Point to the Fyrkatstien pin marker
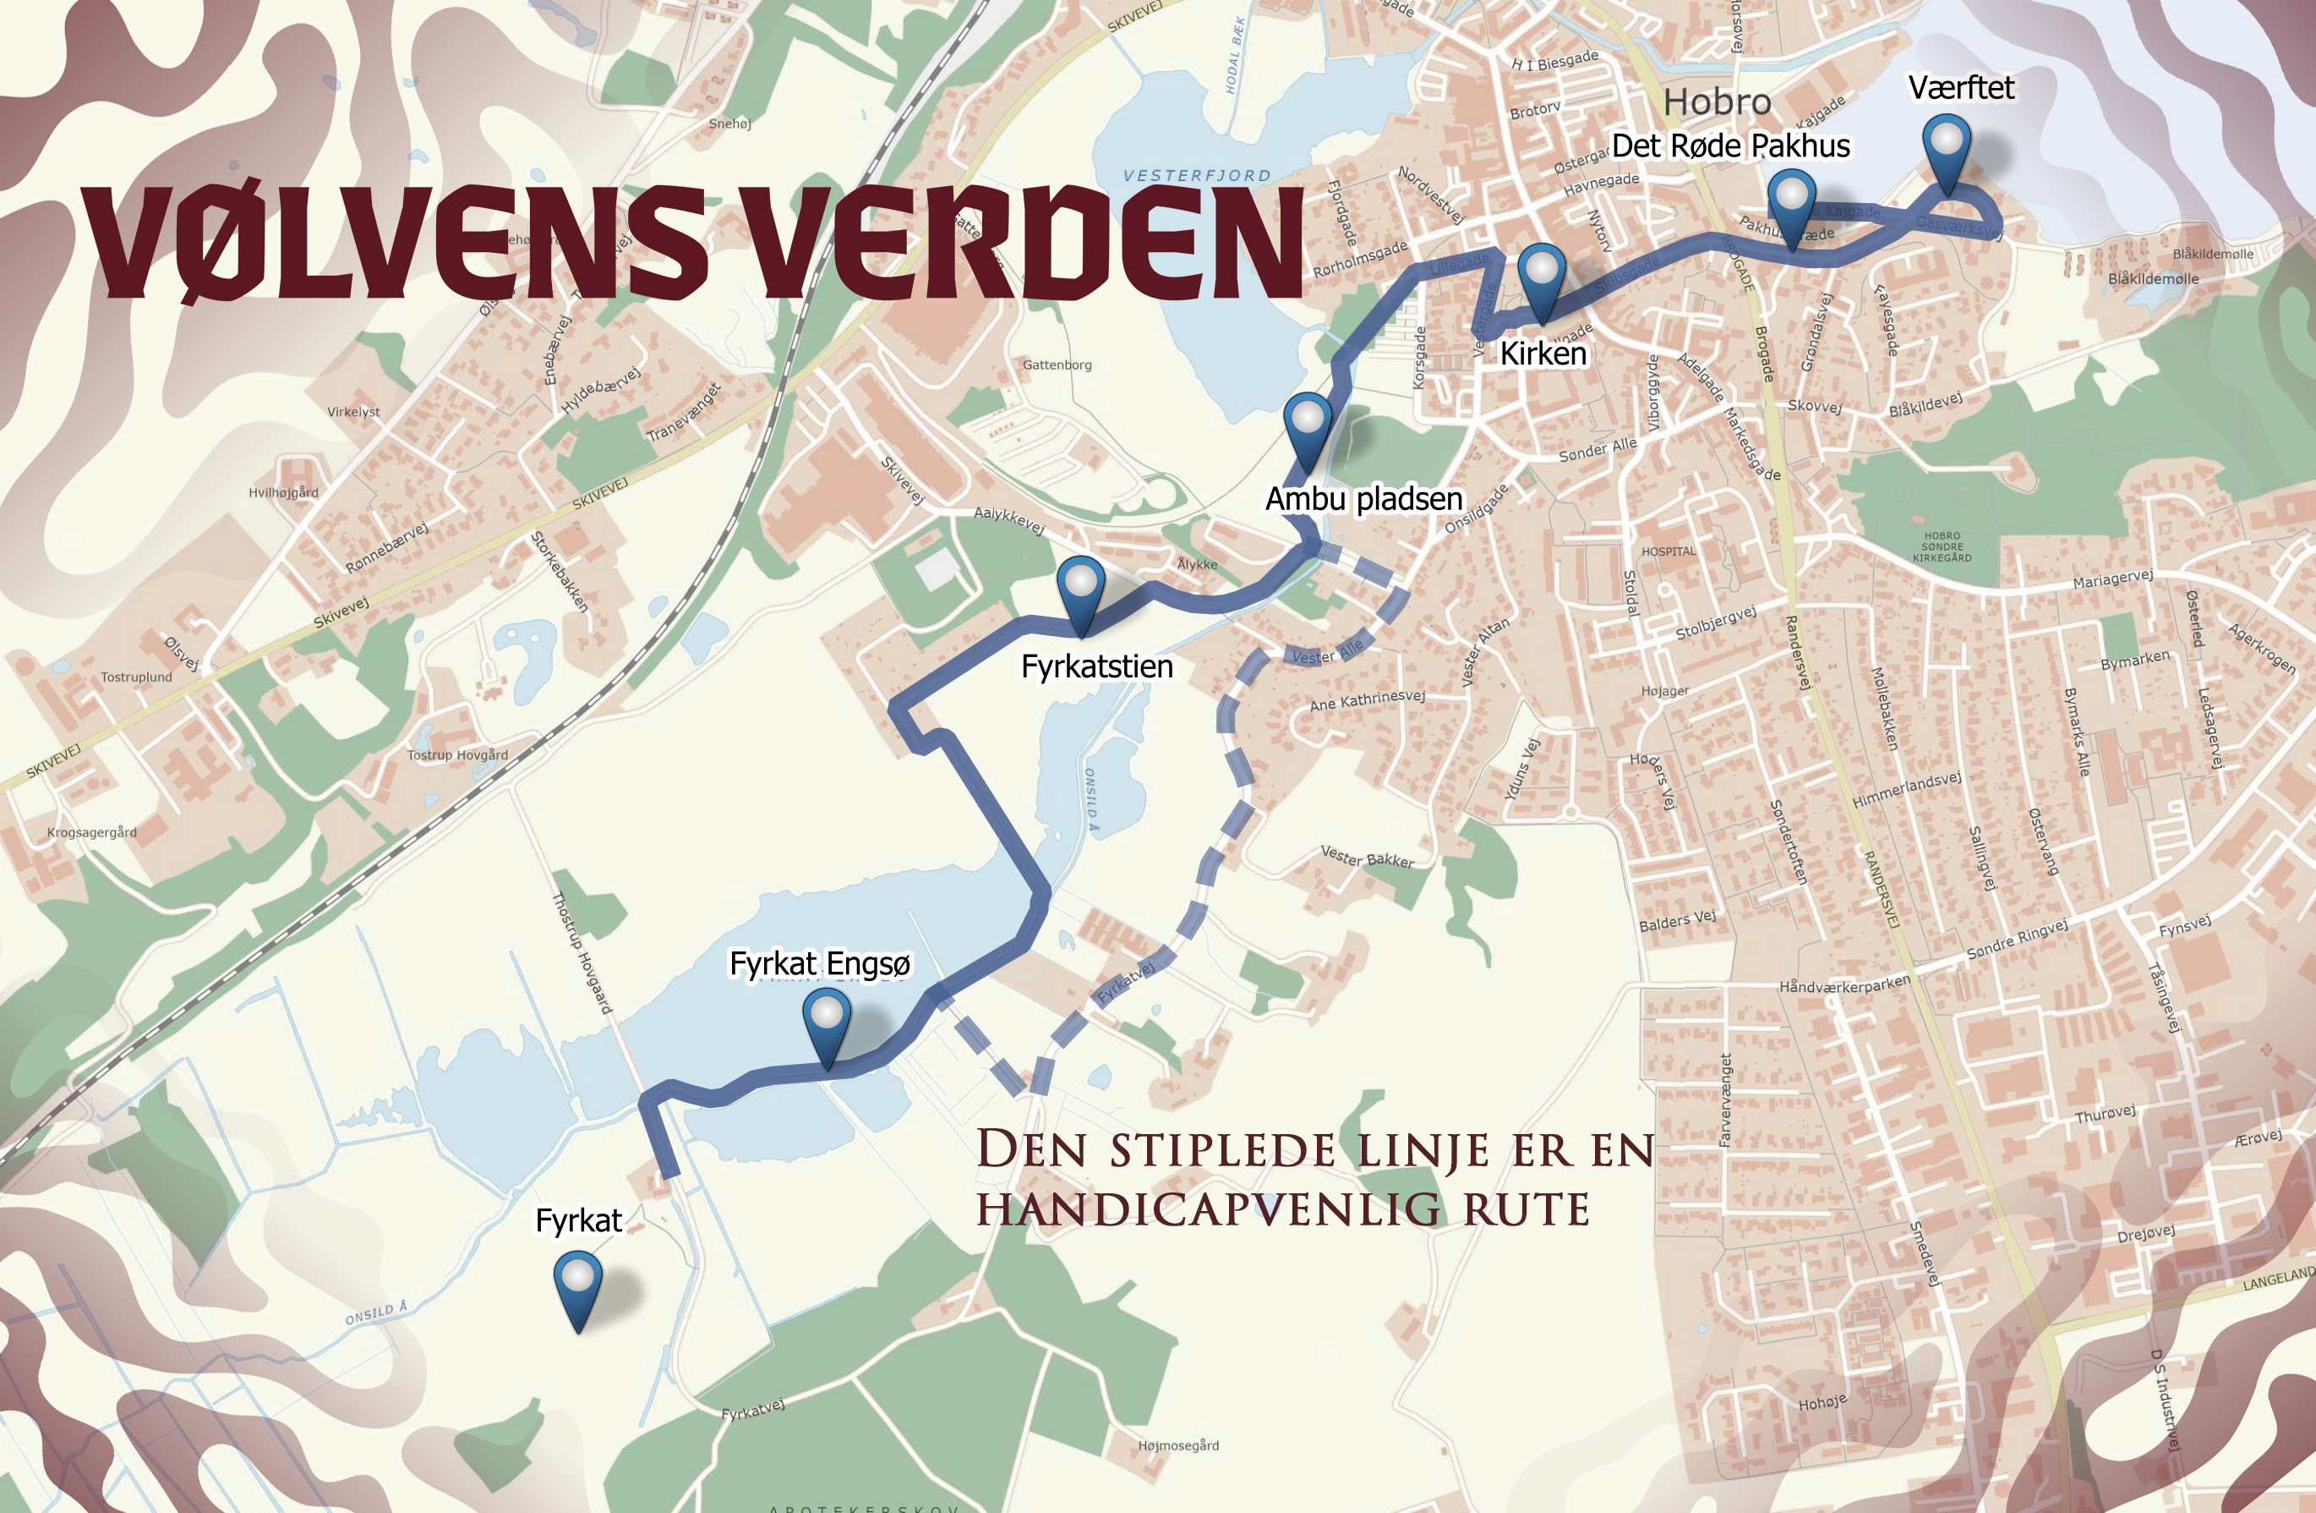(x=1080, y=587)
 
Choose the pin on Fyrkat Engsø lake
(x=826, y=1020)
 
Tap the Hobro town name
(x=1717, y=101)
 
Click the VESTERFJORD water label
(x=1196, y=176)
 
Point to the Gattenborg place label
(x=1057, y=365)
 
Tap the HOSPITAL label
(x=1668, y=551)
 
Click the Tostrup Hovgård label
(x=457, y=754)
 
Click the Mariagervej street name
(x=2111, y=579)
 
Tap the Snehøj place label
(x=729, y=123)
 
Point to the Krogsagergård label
(x=91, y=832)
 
